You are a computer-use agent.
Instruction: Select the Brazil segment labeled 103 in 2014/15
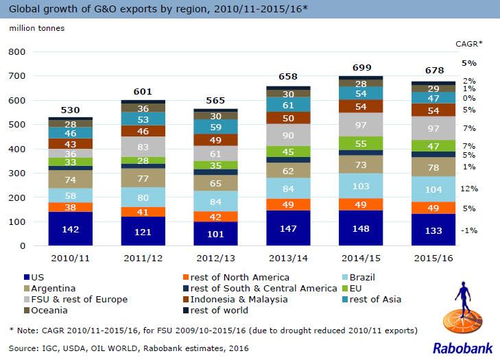pos(361,186)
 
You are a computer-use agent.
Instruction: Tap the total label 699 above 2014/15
pos(361,67)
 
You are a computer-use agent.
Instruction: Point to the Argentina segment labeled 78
pos(433,167)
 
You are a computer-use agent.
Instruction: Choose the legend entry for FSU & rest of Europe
pos(64,299)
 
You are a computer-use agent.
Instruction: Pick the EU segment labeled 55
pos(361,143)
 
